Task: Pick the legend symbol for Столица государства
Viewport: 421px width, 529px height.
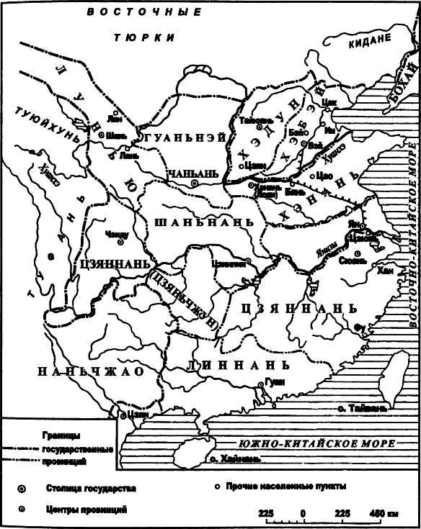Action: (x=21, y=489)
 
